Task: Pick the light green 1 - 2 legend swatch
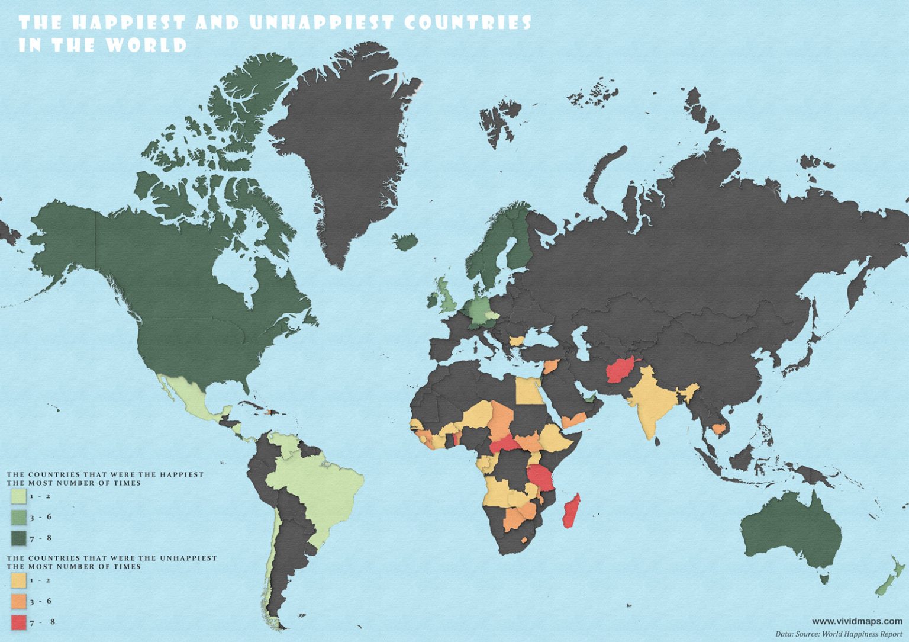(x=18, y=496)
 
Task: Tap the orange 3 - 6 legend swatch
(x=18, y=601)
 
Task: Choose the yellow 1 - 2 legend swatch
(x=18, y=580)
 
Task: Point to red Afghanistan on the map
(x=621, y=371)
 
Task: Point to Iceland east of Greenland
(x=405, y=242)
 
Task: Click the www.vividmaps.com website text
(x=856, y=621)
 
